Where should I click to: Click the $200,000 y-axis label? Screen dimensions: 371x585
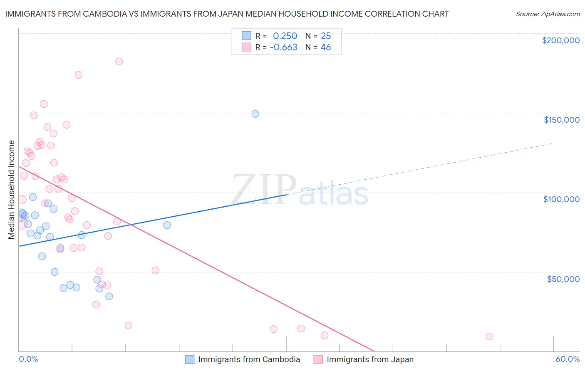(x=560, y=40)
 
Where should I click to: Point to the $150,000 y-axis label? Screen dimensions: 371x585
(x=561, y=120)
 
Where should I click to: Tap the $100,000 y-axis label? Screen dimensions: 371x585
(x=561, y=199)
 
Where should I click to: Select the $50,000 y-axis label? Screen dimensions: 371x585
(x=563, y=279)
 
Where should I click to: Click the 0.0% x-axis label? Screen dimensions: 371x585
(x=28, y=359)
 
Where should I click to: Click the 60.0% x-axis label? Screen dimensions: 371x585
(x=568, y=359)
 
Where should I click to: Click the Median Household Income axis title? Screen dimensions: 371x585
(x=12, y=190)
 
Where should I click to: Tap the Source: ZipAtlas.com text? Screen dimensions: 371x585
(x=548, y=14)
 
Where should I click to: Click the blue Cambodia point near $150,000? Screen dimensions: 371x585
(x=255, y=114)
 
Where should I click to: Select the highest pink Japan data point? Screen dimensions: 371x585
(x=119, y=61)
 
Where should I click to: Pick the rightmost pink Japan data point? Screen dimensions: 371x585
(x=489, y=336)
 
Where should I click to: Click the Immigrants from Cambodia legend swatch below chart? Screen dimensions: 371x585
(x=190, y=359)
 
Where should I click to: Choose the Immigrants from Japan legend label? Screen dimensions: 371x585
(x=370, y=359)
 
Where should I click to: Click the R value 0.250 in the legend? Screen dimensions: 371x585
(x=285, y=36)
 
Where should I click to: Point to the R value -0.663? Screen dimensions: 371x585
(x=283, y=47)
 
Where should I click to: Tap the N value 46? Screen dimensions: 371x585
(x=325, y=47)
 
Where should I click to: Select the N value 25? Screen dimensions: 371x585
(x=325, y=36)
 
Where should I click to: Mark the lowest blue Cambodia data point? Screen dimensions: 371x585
(x=109, y=296)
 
